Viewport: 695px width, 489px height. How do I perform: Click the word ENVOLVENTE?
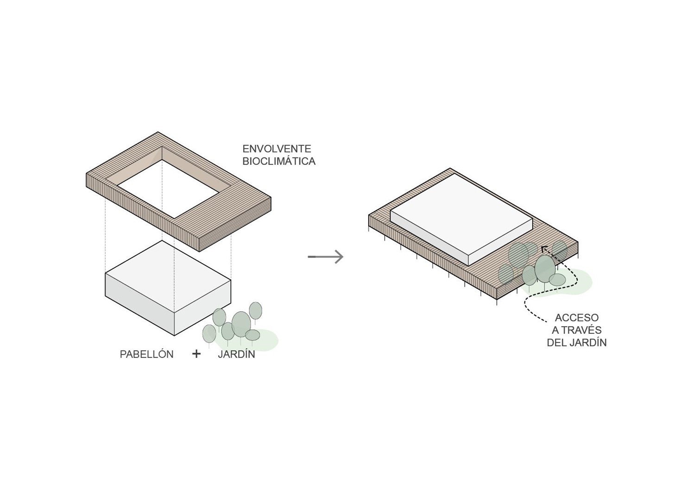277,149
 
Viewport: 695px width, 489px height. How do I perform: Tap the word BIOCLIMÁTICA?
279,162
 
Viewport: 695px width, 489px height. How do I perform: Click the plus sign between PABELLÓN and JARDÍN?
196,354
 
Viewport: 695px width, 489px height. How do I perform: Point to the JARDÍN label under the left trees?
236,354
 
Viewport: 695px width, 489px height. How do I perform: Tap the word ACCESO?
576,318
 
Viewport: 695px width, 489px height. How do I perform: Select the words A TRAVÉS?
576,330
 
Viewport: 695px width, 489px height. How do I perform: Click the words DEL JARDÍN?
576,343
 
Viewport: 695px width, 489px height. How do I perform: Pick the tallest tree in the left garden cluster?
255,310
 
